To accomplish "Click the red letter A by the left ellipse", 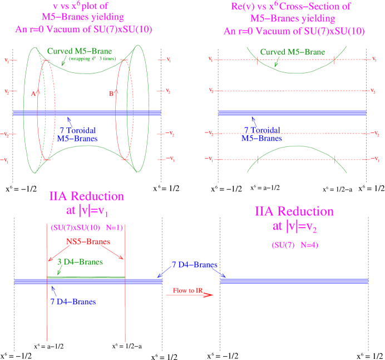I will (33, 95).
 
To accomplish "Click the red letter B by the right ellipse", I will (111, 94).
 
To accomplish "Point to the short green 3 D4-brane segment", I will (86, 277).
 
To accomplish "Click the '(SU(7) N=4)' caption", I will (295, 245).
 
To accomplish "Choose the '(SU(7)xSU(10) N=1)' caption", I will (86, 228).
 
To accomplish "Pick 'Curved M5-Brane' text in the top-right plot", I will (293, 52).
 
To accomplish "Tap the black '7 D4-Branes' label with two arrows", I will (194, 265).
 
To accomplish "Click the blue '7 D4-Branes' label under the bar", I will (72, 302).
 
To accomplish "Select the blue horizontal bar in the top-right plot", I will (292, 113).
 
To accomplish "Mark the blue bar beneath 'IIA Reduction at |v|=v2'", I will (294, 281).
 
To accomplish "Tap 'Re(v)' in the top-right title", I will (241, 7).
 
